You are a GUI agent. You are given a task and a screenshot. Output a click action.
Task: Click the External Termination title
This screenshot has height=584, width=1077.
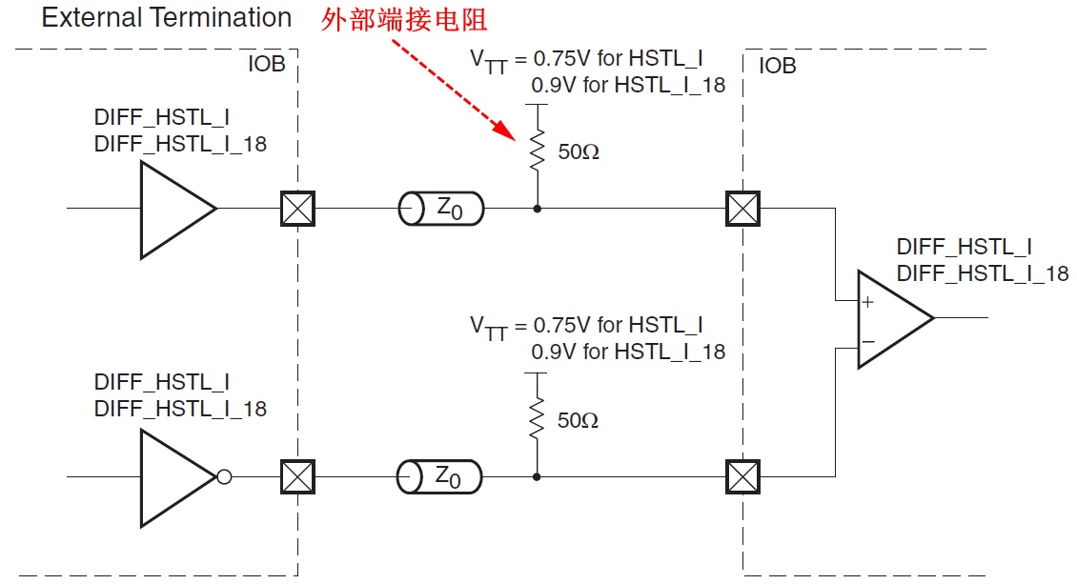[167, 18]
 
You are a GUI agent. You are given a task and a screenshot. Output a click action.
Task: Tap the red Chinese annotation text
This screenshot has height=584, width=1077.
[404, 21]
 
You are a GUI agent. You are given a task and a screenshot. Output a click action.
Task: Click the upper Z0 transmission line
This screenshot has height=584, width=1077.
[440, 208]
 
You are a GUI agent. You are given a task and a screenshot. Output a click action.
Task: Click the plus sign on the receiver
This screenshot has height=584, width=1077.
[867, 303]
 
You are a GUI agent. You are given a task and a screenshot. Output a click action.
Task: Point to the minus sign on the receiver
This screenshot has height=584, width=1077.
[867, 340]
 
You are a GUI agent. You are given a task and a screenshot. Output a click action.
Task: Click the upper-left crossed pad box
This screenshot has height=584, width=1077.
[297, 208]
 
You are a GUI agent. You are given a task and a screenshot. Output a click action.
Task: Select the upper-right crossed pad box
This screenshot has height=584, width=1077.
[742, 208]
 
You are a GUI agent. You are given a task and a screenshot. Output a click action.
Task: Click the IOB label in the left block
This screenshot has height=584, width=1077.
[266, 67]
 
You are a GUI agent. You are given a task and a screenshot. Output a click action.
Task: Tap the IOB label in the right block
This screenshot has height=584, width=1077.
[777, 67]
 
